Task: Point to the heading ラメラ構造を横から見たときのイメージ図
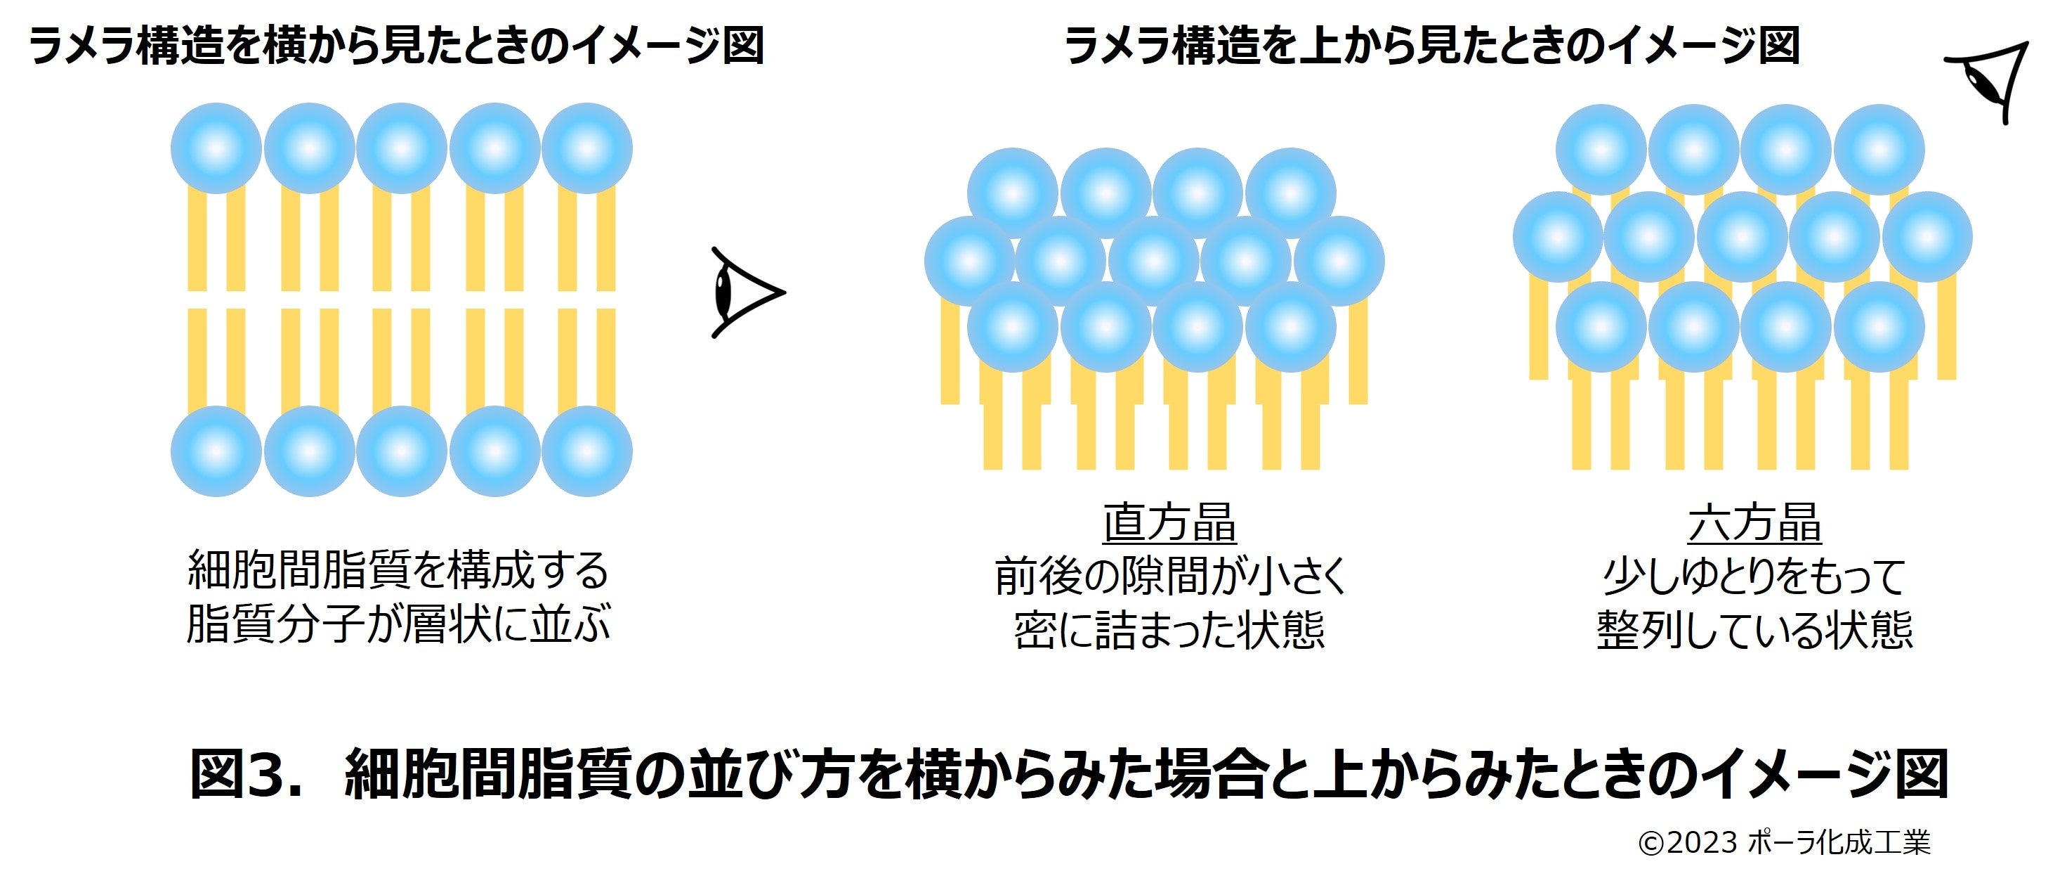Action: [x=396, y=45]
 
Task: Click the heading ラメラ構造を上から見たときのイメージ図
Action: [x=1431, y=45]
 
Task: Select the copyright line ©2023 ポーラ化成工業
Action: [x=1784, y=842]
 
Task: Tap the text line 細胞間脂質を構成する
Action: [x=398, y=571]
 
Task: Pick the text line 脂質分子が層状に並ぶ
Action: [x=398, y=624]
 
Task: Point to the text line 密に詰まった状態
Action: [x=1170, y=629]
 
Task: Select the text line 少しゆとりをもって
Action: [x=1754, y=576]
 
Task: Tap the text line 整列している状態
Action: [x=1754, y=629]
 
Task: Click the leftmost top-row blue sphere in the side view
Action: [x=216, y=148]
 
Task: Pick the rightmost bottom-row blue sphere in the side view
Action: [x=586, y=451]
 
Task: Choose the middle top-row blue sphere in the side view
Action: [x=401, y=148]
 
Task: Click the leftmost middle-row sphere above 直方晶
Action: [x=969, y=262]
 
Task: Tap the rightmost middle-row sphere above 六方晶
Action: [x=1927, y=237]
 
